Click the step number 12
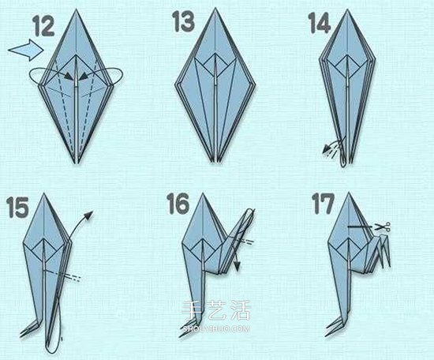pos(44,26)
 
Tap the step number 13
pos(184,21)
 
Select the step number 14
pos(320,23)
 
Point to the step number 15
pos(17,207)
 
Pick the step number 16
pos(178,204)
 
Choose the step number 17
pos(324,204)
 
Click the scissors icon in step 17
pos(383,227)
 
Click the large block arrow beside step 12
pos(25,50)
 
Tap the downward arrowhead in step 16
pos(237,266)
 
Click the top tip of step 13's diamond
pos(215,8)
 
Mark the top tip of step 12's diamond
pos(76,9)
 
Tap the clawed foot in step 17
pos(335,326)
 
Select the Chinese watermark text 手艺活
pos(216,310)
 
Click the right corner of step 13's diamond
pos(254,84)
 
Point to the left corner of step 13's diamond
pos(175,84)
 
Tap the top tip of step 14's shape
pos(348,9)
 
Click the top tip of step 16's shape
pos(203,193)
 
